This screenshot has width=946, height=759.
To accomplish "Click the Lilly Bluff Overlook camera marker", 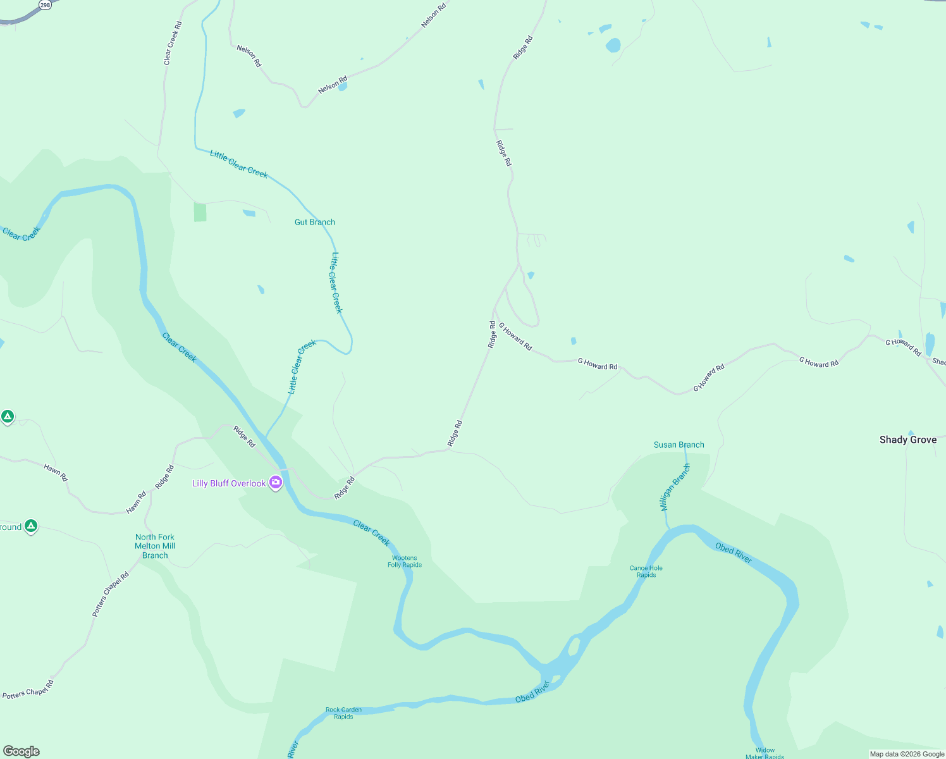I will pos(276,483).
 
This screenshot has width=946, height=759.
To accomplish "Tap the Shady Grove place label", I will pos(907,440).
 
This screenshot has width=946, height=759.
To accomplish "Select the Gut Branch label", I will pos(314,222).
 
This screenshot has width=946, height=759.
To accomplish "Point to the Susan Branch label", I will pos(679,445).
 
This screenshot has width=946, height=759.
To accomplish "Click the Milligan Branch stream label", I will pos(675,487).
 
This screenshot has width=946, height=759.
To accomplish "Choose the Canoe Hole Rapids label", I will pos(646,571).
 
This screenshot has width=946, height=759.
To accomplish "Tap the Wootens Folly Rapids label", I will pos(404,562).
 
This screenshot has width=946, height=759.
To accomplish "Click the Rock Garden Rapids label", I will pos(343,713).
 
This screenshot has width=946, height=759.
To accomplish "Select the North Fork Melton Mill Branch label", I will pos(155,546).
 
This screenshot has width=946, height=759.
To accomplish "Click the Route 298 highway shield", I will pos(45,4).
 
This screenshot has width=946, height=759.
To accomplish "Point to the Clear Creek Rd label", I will pos(173,43).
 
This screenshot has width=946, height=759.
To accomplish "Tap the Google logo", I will pos(21,751).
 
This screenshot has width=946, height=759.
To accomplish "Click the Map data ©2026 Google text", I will pos(907,754).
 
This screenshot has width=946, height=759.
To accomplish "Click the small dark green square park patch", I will pos(200,212).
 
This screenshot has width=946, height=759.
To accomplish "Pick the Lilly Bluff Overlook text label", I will pos(229,483).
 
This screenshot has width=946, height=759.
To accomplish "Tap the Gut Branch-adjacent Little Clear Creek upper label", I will pos(238,164).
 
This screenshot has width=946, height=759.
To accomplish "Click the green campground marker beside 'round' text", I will pos(31,526).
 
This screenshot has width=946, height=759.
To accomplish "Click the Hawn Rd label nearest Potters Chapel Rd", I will pos(137,502).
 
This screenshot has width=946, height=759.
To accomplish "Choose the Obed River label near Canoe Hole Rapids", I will pos(734,552).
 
